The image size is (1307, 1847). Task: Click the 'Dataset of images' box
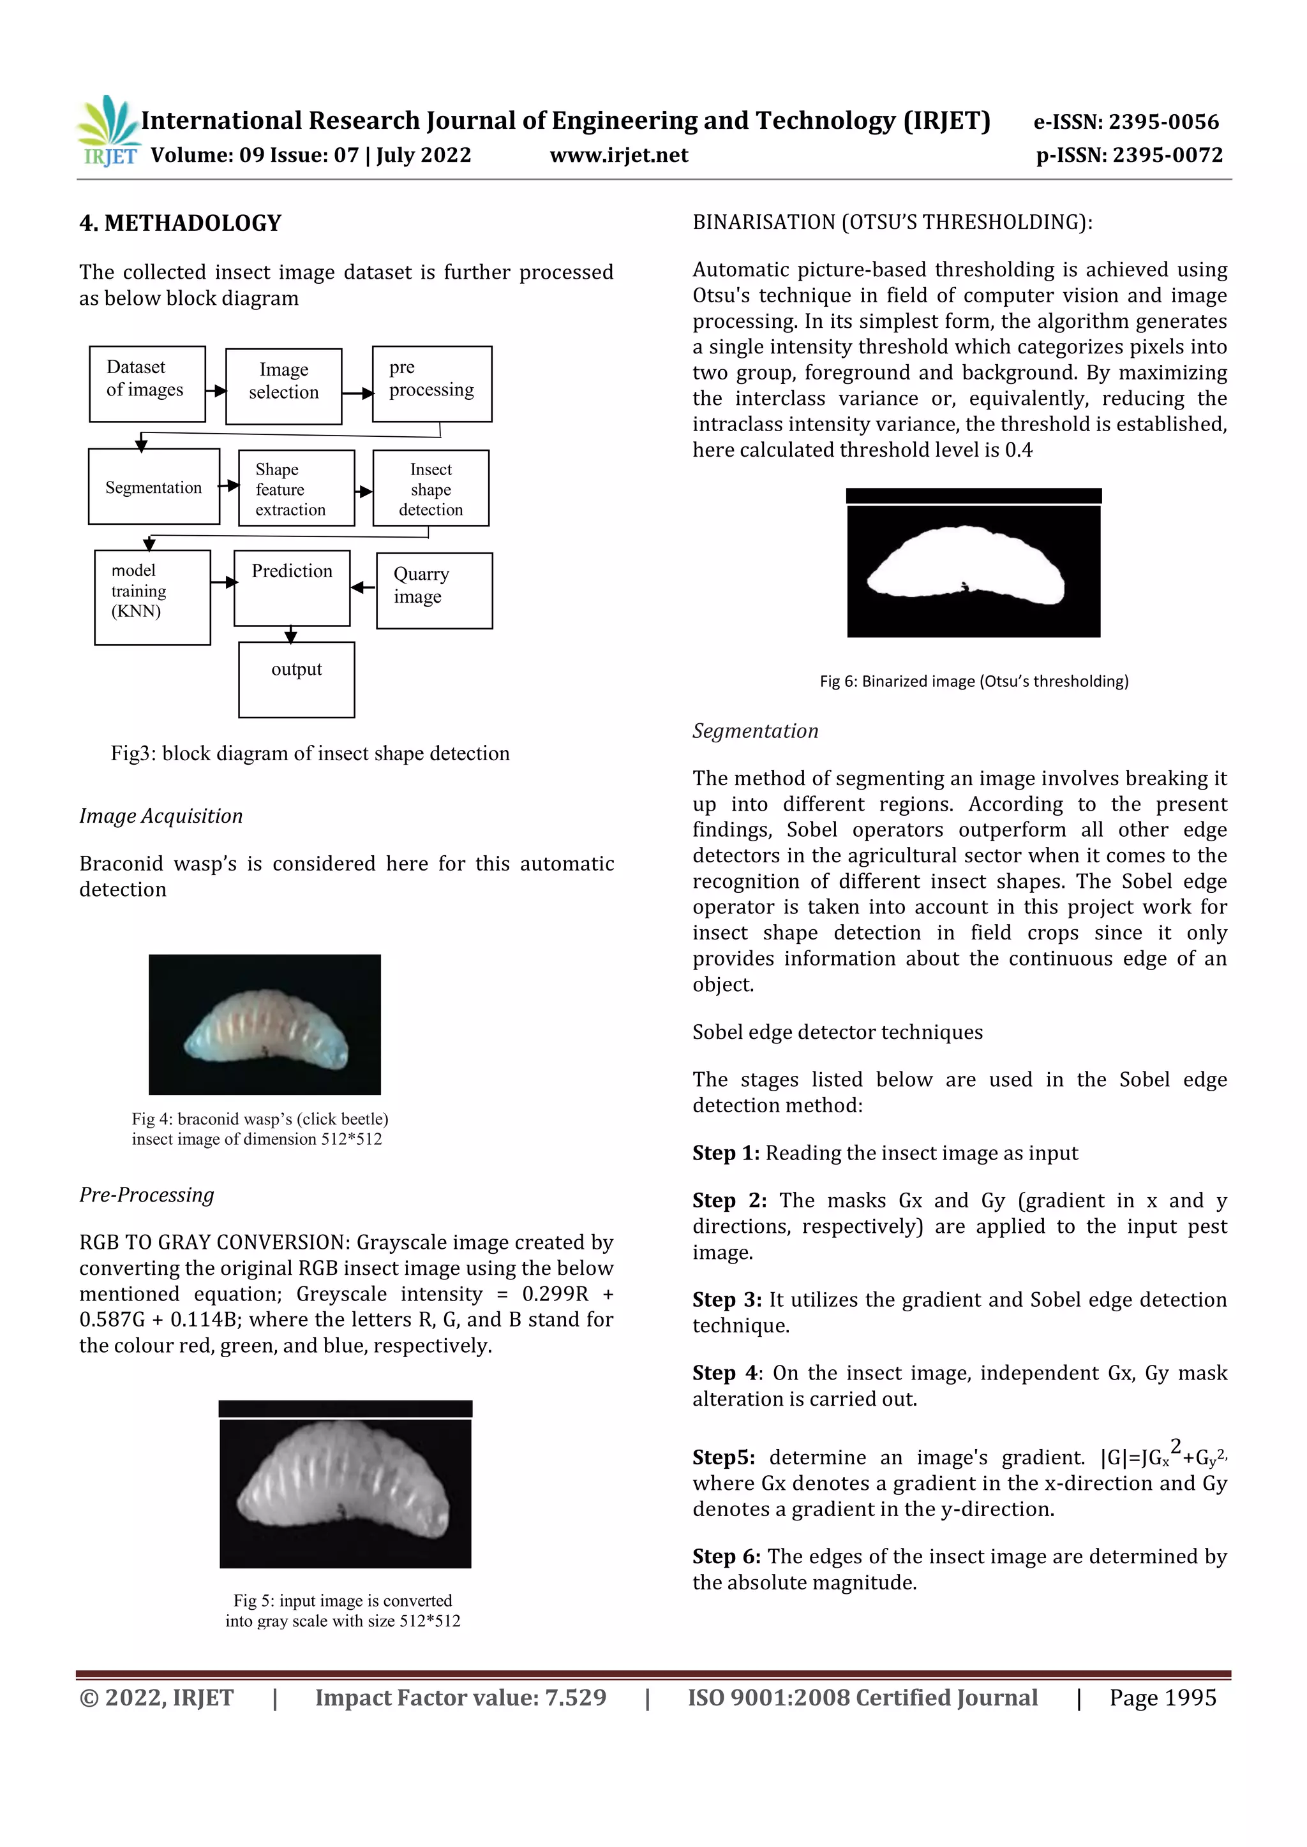(x=147, y=384)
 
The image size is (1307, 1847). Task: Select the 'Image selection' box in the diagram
(x=283, y=386)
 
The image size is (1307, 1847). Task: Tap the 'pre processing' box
(x=432, y=384)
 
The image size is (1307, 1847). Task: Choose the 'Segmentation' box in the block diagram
(x=154, y=487)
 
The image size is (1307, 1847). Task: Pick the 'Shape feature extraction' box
(x=296, y=489)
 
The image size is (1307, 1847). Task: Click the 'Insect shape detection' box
(x=431, y=489)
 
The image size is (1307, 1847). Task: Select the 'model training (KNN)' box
(x=152, y=597)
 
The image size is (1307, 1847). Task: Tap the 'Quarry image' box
(x=434, y=591)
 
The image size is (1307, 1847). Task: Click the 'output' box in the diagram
(x=296, y=679)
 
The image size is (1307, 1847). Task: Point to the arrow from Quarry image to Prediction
(x=364, y=587)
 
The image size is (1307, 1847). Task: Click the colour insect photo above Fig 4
(x=265, y=1024)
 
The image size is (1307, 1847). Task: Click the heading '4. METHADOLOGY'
(x=180, y=223)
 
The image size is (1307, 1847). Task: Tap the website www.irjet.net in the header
(x=619, y=155)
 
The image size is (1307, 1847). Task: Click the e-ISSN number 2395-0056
(x=1164, y=122)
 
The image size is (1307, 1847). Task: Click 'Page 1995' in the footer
(x=1162, y=1697)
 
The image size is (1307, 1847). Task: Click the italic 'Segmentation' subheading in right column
(x=755, y=730)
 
